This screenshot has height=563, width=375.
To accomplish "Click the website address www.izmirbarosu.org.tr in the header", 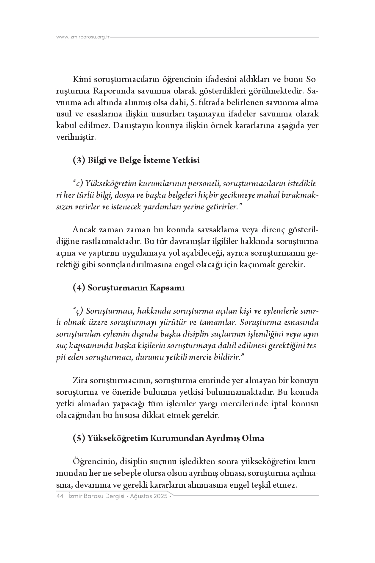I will tap(83, 37).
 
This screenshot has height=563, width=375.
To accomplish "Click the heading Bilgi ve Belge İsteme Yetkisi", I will tap(143, 160).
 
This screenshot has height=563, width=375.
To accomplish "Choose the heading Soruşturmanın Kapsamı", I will tap(136, 288).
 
